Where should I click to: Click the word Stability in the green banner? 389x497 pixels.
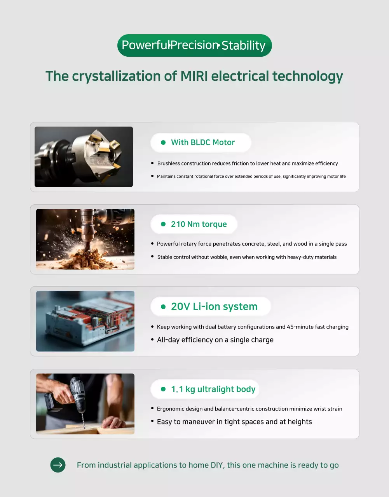pyautogui.click(x=243, y=45)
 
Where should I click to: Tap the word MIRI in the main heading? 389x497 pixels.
pyautogui.click(x=194, y=76)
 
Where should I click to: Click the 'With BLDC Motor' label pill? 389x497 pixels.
pyautogui.click(x=201, y=142)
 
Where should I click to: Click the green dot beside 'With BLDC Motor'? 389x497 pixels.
pyautogui.click(x=163, y=142)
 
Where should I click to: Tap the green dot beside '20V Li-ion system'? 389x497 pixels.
pyautogui.click(x=163, y=307)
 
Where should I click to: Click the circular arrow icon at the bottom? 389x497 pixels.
pyautogui.click(x=58, y=465)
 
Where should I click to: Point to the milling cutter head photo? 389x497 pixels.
pyautogui.click(x=84, y=157)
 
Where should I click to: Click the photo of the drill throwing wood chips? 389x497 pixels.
pyautogui.click(x=85, y=239)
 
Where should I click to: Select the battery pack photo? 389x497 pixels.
pyautogui.click(x=85, y=321)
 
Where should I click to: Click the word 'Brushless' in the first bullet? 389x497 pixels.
pyautogui.click(x=169, y=163)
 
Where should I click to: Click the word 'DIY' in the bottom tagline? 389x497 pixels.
pyautogui.click(x=216, y=465)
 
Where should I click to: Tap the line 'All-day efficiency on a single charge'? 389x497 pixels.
pyautogui.click(x=215, y=340)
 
